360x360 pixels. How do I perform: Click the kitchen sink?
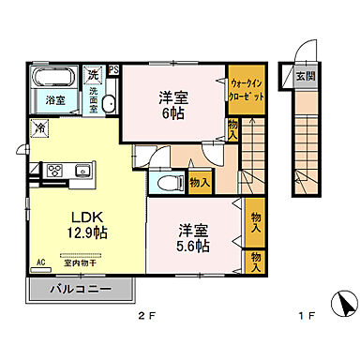click(82, 171)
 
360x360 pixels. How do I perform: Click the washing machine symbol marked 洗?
click(93, 74)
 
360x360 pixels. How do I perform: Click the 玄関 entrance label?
click(306, 76)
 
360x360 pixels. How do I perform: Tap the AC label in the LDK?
click(41, 262)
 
